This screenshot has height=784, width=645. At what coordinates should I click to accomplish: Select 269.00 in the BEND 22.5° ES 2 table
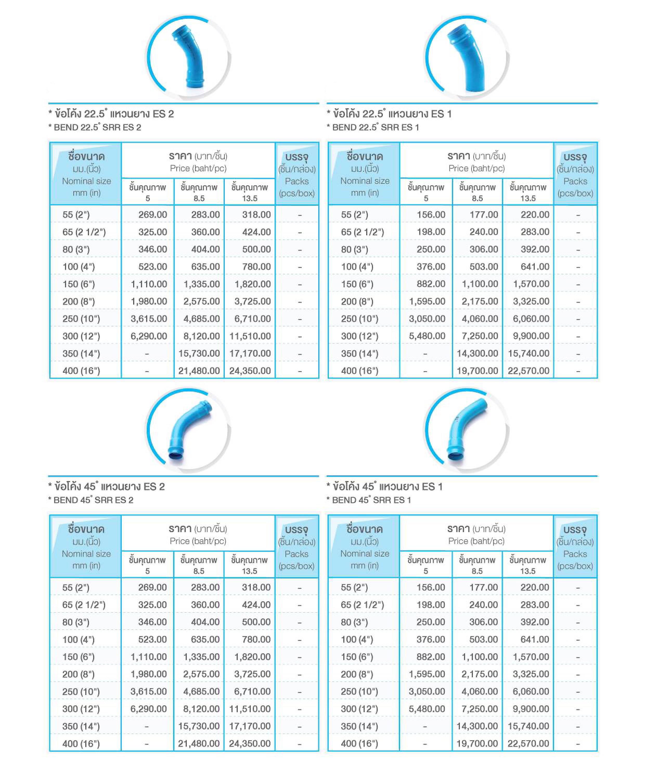[x=152, y=214]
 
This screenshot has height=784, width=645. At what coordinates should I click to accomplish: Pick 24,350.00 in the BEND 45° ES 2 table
[x=249, y=743]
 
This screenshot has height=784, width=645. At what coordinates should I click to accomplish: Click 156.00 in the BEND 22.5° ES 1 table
[x=431, y=214]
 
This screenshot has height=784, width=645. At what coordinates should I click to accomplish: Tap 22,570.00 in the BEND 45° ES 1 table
[x=528, y=743]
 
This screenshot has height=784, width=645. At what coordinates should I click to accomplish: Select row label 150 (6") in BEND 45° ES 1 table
[x=357, y=657]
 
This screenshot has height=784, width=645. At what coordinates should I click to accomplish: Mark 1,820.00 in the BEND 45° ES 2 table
[x=252, y=657]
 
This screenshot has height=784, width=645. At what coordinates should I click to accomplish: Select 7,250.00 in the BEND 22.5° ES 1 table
[x=480, y=336]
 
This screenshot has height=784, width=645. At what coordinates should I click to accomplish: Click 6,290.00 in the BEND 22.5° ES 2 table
[x=149, y=336]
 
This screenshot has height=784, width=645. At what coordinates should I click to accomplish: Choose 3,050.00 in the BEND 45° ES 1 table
[x=427, y=691]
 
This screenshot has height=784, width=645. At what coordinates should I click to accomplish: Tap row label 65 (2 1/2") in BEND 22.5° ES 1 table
[x=362, y=232]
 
